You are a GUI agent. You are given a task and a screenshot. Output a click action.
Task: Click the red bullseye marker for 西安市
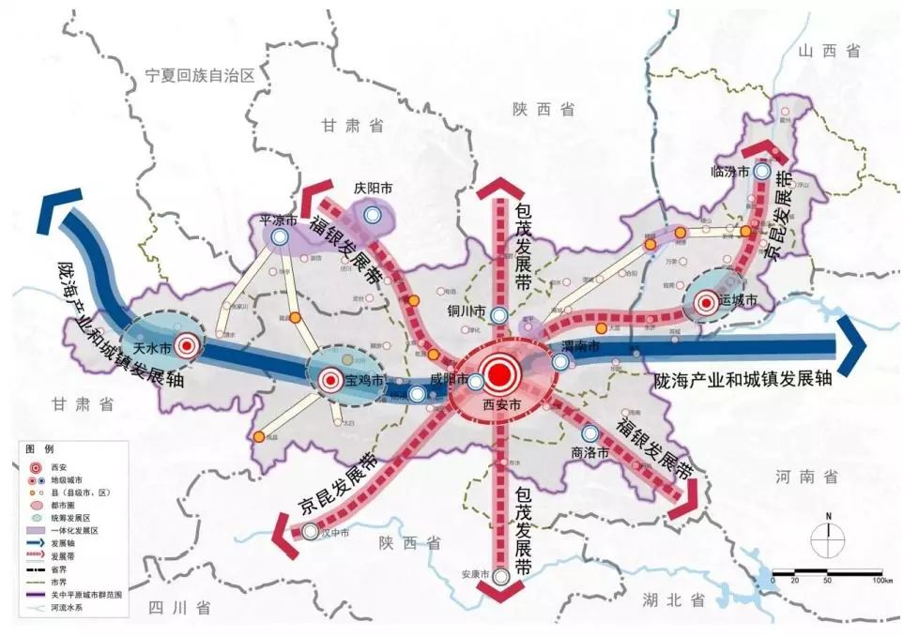(499, 375)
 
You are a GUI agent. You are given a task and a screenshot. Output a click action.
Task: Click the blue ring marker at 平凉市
(280, 238)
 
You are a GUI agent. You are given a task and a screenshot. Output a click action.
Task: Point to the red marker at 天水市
(188, 346)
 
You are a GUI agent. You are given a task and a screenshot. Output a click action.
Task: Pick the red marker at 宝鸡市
(329, 381)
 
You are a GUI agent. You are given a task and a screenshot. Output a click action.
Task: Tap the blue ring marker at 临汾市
(763, 173)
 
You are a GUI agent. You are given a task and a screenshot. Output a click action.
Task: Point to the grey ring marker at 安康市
(501, 576)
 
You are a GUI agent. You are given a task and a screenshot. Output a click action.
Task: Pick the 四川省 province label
(179, 608)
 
